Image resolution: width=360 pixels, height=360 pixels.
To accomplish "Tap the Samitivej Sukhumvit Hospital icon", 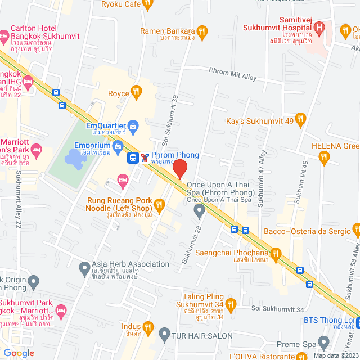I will pyautogui.click(x=319, y=26).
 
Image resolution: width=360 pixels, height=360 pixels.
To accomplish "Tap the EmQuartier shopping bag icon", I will pyautogui.click(x=133, y=125).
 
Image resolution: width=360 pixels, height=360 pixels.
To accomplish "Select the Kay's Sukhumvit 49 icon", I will pyautogui.click(x=300, y=119).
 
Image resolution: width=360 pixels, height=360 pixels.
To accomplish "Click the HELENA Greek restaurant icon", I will pyautogui.click(x=323, y=159).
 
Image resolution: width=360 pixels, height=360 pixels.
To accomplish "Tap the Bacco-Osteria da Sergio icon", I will pyautogui.click(x=356, y=231).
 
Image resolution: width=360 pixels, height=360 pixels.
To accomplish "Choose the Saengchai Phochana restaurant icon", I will pyautogui.click(x=275, y=254).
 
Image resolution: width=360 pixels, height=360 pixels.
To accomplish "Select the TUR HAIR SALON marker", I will pyautogui.click(x=164, y=336).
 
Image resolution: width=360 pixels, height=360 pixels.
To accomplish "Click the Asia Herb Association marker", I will pyautogui.click(x=84, y=265).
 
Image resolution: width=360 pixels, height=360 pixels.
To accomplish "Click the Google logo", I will pyautogui.click(x=19, y=353).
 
